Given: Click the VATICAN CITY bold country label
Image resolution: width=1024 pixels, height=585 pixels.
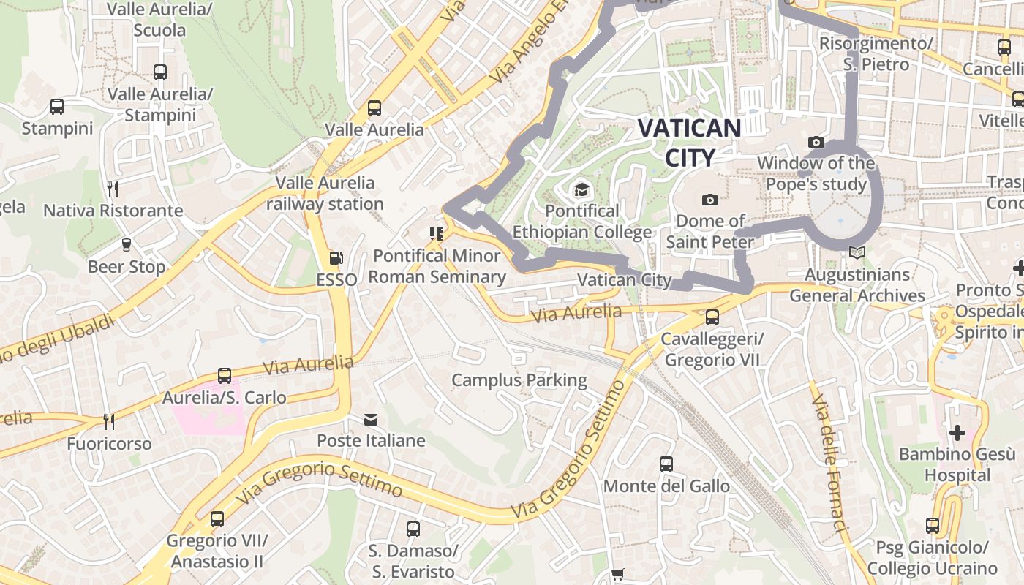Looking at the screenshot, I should pos(689,143).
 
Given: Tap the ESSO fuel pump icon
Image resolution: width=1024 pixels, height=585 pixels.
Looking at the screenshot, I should pos(336,257).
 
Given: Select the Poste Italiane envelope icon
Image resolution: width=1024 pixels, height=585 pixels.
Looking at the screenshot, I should pos(371,419).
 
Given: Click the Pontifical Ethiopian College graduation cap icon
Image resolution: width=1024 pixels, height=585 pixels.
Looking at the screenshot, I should pos(581,190).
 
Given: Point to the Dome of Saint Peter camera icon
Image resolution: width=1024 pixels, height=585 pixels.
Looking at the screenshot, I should pos(709,200).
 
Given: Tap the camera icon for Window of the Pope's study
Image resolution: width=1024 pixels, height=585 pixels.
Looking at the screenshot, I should pos(816,142).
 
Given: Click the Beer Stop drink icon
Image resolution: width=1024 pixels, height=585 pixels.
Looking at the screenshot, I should pos(126,245).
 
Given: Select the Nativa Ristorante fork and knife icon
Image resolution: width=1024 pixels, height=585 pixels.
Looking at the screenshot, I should pos(113,189).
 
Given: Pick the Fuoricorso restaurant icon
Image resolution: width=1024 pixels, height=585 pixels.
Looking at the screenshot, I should pos(109,422).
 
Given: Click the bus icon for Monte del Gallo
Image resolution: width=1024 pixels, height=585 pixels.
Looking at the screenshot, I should pos(666,464).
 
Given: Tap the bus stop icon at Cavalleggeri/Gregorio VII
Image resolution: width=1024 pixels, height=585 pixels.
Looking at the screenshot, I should pos(712,318).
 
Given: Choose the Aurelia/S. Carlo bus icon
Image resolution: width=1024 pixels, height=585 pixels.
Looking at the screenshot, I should pos(224,376).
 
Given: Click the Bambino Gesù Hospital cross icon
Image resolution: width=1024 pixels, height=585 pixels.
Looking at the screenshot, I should pos(957,432).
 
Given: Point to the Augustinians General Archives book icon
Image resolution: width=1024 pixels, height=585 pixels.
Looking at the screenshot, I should pos(857,253).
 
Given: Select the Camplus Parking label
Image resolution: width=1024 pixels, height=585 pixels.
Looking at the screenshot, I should pos(519,380).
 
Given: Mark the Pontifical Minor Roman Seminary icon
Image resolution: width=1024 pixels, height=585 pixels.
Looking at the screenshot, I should pos(437,234).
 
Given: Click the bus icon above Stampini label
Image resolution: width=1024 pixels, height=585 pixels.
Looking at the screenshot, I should pos(57,107).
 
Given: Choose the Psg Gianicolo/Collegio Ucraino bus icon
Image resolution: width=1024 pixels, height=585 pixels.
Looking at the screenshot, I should pos(932,525).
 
